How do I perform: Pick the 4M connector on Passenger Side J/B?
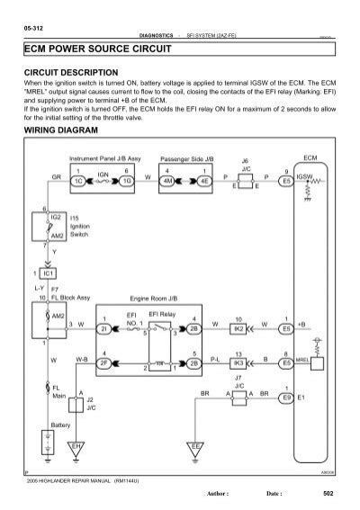[167, 179]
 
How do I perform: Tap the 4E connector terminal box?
[206, 179]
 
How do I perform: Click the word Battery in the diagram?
[35, 423]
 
